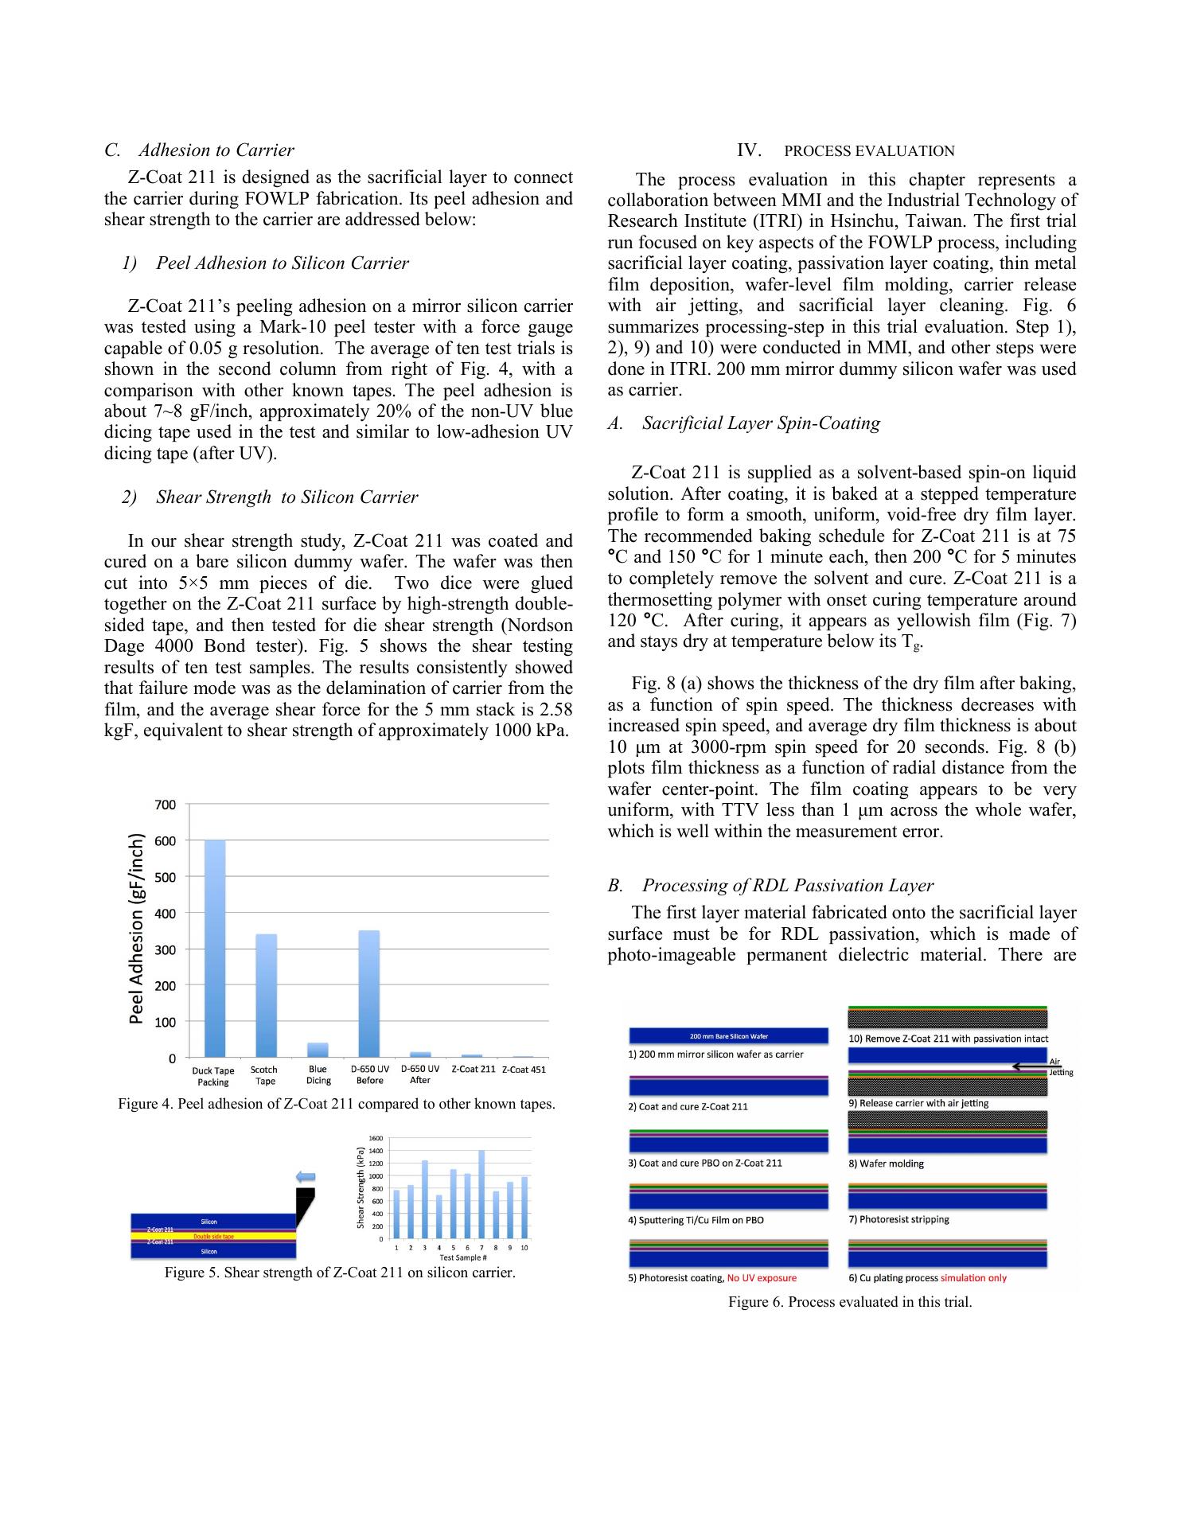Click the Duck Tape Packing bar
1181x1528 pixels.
coord(215,948)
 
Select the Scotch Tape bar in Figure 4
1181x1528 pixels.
coord(266,995)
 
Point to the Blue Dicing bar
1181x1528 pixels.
coord(318,1050)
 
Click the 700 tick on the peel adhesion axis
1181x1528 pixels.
coord(166,805)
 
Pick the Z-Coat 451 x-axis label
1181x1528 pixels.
coord(524,1070)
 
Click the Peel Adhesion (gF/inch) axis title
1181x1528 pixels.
coord(137,928)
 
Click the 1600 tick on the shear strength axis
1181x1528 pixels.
coord(376,1138)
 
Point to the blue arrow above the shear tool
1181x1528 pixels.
coord(306,1176)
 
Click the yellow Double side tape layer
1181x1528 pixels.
coord(213,1237)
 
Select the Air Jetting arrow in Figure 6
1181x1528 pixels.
coord(1030,1066)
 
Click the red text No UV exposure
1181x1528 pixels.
coord(762,1278)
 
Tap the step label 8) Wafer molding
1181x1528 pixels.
coord(887,1164)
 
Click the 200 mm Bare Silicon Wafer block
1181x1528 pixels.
coord(728,1036)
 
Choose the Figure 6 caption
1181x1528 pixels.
coord(850,1303)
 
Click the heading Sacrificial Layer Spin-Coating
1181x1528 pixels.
coord(761,423)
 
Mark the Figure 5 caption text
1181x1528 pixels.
coord(340,1273)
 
